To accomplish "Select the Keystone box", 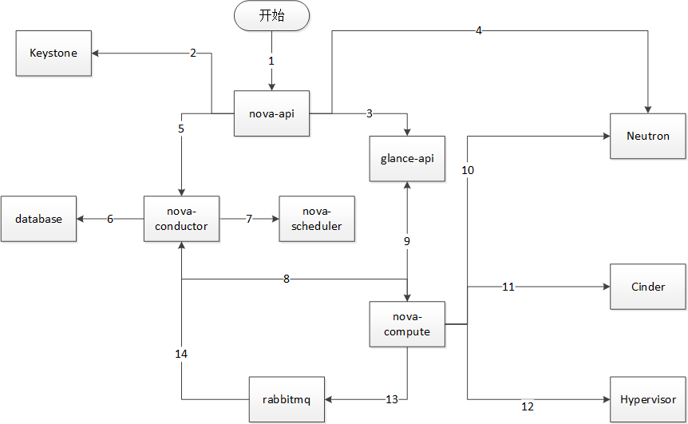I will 53,53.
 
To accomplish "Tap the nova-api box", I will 271,113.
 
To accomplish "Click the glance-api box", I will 407,158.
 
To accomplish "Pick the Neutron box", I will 647,136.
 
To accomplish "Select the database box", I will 38,219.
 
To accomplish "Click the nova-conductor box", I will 182,219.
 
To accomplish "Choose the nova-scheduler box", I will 316,219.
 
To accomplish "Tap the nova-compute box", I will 407,324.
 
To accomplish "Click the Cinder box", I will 647,287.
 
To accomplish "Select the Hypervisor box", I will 647,399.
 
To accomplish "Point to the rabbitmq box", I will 286,399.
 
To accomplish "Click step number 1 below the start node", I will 271,61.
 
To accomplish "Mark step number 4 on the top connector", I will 478,31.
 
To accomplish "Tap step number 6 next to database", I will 110,219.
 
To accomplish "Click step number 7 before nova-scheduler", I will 249,219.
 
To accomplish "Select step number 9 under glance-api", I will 407,241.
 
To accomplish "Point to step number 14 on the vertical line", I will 182,352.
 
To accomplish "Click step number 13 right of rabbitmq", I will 391,399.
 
